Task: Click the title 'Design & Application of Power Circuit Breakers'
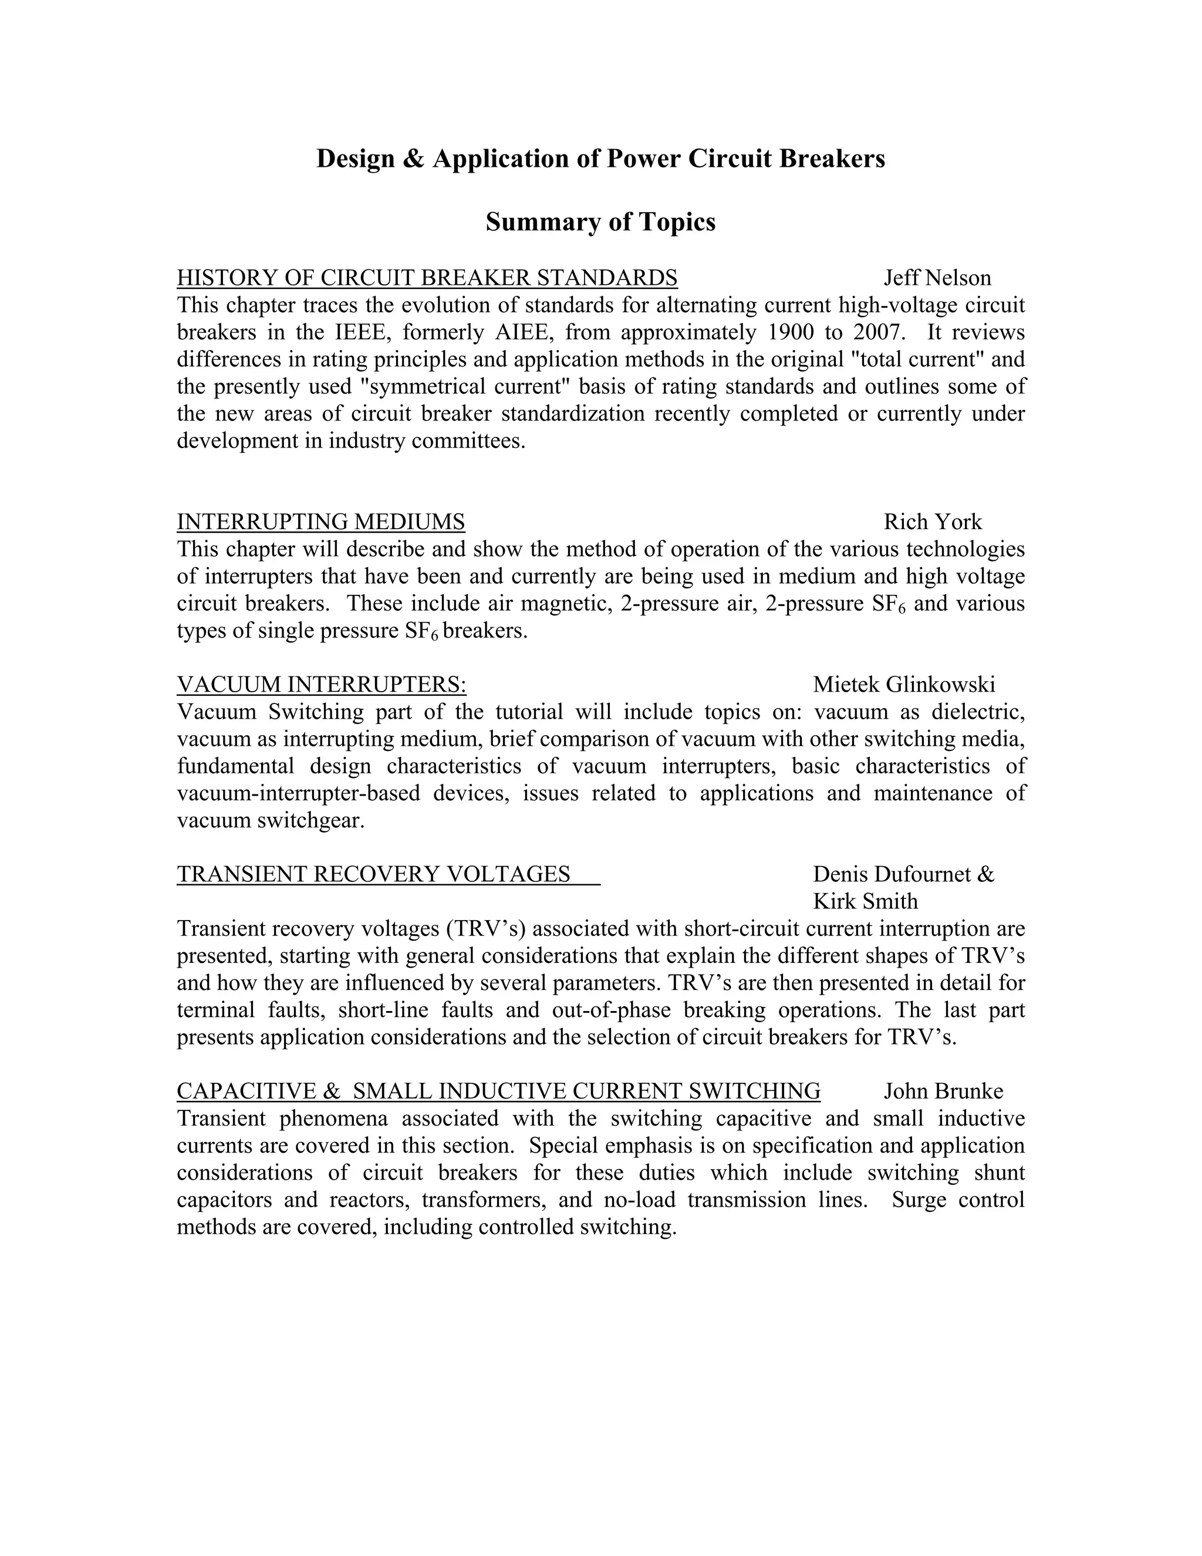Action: click(600, 158)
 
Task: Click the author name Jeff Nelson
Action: click(937, 278)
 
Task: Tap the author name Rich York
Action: click(932, 522)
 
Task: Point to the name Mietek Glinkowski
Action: click(904, 685)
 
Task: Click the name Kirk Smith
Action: click(865, 901)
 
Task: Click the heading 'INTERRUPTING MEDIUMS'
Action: click(320, 522)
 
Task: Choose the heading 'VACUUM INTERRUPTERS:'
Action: click(321, 685)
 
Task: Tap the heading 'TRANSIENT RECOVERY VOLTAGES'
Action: click(373, 874)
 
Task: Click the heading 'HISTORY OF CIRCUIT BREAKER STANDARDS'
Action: click(427, 278)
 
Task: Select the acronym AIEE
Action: click(521, 332)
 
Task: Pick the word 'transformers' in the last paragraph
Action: click(484, 1199)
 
